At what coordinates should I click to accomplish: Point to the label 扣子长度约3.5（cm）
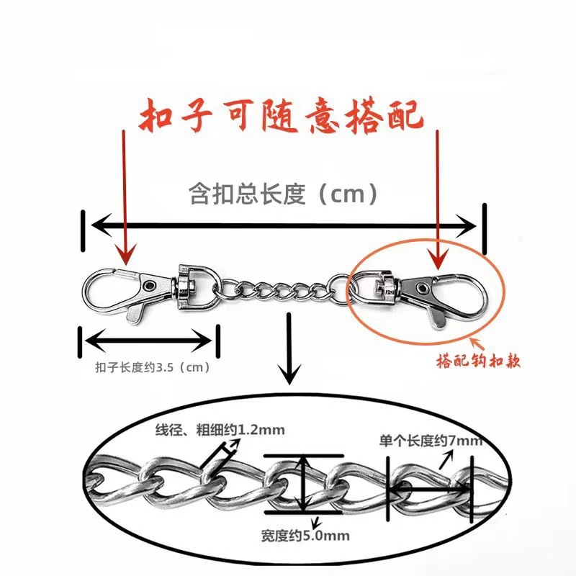152,367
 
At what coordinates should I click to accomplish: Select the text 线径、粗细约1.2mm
220,431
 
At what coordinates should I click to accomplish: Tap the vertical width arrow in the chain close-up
307,485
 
